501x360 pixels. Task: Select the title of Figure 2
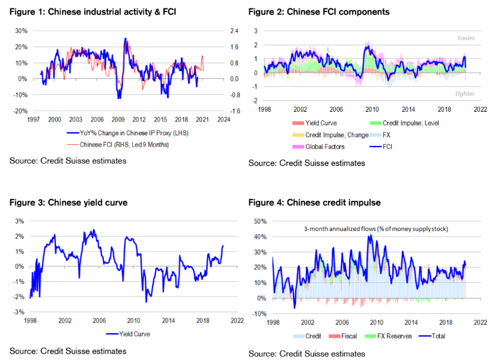[318, 12]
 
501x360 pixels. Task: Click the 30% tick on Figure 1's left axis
[20, 31]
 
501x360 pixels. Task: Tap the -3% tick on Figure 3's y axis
[19, 312]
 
